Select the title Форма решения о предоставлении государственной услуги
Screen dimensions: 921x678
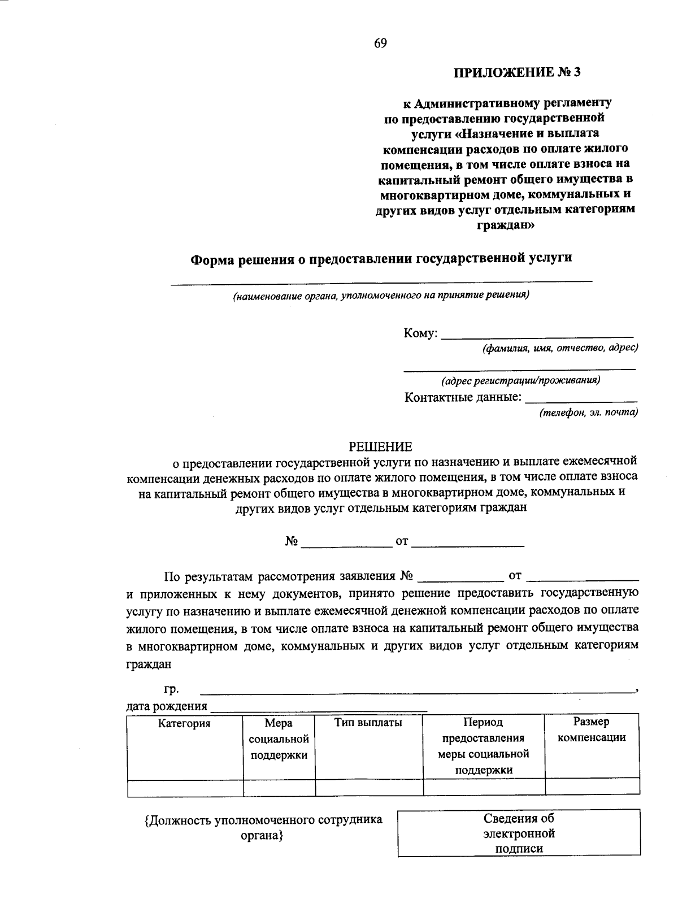point(381,258)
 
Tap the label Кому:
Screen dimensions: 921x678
point(420,333)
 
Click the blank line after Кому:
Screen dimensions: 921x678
point(537,334)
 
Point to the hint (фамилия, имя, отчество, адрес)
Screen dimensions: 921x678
point(560,348)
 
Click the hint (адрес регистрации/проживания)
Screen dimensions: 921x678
point(520,380)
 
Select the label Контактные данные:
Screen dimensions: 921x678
point(463,397)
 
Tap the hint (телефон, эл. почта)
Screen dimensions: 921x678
point(588,412)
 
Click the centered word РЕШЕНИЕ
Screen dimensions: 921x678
point(380,447)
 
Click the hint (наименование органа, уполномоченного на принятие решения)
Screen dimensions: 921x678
point(381,295)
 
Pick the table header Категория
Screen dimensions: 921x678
point(184,724)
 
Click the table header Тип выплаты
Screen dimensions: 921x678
point(368,723)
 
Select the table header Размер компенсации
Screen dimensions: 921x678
point(592,729)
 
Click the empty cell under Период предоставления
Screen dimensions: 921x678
point(484,787)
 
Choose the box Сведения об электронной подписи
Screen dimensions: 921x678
point(519,833)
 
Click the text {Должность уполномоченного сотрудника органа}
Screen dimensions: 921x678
point(263,827)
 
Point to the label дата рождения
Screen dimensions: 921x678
point(167,706)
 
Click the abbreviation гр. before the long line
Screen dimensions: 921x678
point(171,689)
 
